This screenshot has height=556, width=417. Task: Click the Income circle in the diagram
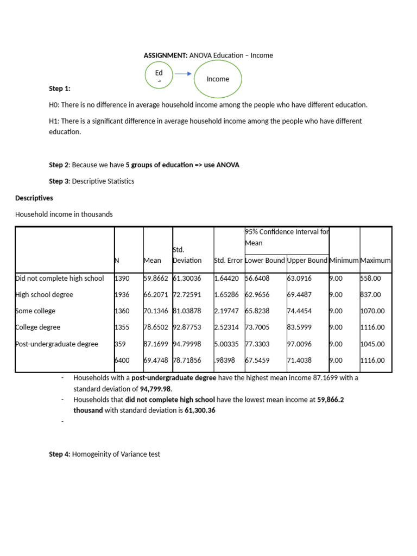tap(218, 79)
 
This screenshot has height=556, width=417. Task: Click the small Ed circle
tap(159, 75)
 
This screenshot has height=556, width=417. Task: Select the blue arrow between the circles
tap(183, 74)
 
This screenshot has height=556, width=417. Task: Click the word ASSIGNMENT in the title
tap(165, 55)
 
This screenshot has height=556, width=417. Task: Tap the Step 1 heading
tap(60, 89)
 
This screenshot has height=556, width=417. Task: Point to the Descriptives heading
tap(34, 198)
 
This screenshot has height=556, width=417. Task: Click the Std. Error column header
tap(228, 260)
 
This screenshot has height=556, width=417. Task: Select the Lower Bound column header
tap(265, 260)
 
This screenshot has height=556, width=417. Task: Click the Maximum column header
tap(375, 260)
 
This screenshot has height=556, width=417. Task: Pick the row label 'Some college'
tap(36, 311)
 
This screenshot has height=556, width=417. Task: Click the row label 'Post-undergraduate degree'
tap(57, 344)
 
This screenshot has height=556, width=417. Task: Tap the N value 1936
tap(122, 295)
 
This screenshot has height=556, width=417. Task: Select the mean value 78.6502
tap(156, 327)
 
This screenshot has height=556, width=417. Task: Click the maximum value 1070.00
tap(372, 311)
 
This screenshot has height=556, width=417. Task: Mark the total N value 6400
tap(122, 360)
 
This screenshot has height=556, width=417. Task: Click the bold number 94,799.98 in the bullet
tap(155, 389)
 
